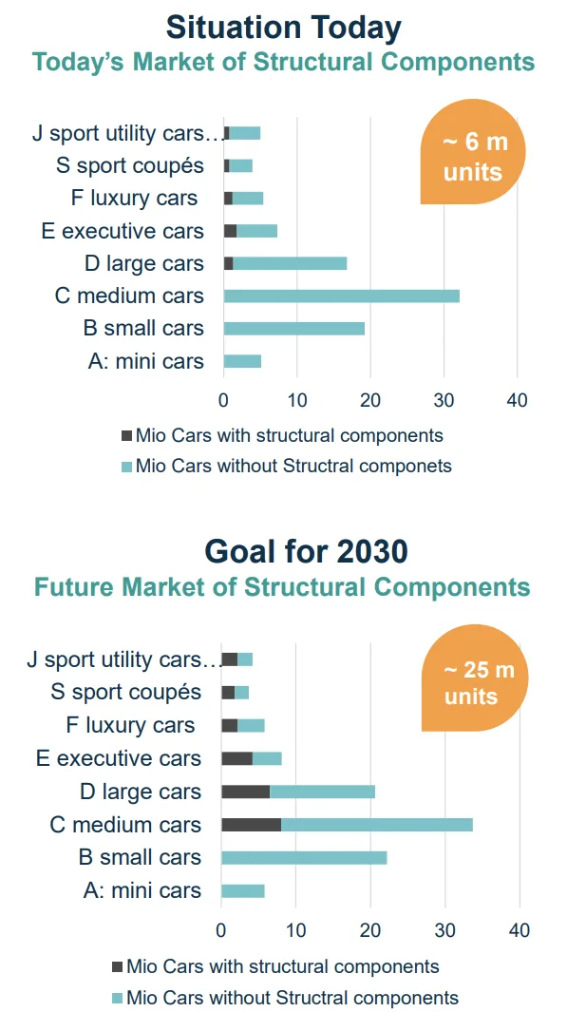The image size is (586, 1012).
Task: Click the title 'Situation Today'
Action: pos(283,27)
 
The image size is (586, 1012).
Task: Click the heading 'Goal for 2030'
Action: pos(306,551)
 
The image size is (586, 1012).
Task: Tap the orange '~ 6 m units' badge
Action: pos(473,157)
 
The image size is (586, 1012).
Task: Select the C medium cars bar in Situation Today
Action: pos(341,296)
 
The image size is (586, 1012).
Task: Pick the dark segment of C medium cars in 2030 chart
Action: pos(251,825)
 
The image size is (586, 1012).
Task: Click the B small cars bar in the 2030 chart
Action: pos(304,857)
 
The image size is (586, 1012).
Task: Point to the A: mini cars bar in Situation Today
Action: pos(241,361)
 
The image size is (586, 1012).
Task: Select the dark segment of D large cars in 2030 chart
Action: pos(245,792)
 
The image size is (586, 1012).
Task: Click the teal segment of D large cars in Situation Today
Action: pos(290,263)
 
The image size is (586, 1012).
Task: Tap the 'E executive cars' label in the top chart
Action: pos(123,231)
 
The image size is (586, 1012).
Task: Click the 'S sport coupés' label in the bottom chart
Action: pos(126,692)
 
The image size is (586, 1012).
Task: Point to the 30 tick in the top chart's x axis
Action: pos(444,400)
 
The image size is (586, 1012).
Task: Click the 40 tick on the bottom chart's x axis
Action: pos(519,930)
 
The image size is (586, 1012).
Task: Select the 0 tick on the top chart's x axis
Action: pos(223,400)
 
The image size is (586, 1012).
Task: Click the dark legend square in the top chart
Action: pos(125,436)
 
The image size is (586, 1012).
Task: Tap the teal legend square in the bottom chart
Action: pos(117,998)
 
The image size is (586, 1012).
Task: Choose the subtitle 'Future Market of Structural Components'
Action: pos(282,586)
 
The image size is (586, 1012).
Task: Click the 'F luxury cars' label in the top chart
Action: pos(134,198)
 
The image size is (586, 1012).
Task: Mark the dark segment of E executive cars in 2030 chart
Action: pos(236,758)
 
